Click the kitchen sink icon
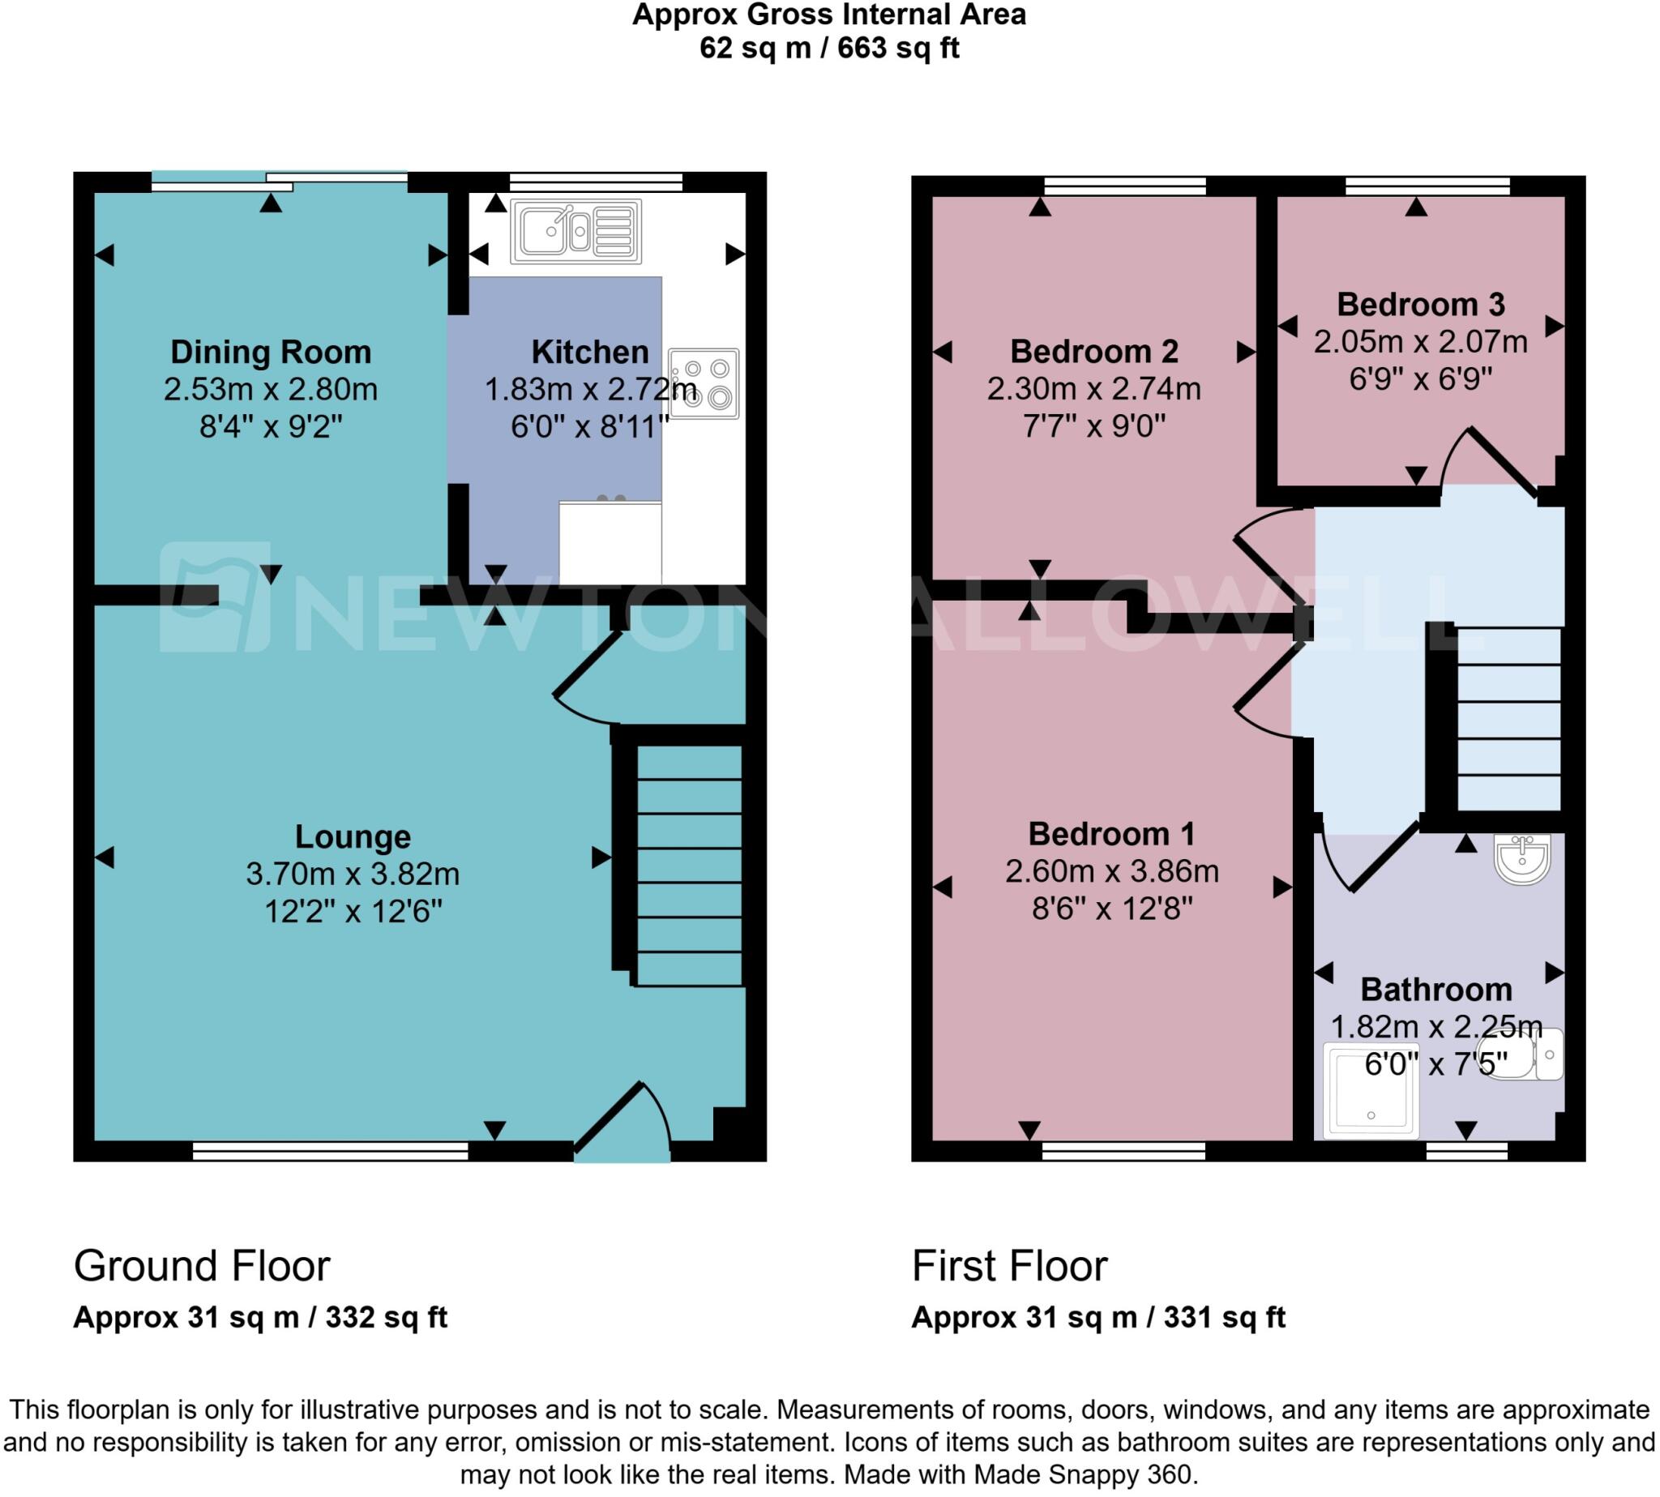coord(575,231)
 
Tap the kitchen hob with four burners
coord(704,384)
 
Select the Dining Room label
coord(271,352)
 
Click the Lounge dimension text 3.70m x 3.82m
coord(353,874)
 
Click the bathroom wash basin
coord(1524,861)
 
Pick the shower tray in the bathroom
coord(1371,1091)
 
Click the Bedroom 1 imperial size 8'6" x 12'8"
coord(1112,908)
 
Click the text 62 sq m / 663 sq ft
coord(829,49)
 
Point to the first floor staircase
coord(1508,720)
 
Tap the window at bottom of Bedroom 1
coord(1123,1151)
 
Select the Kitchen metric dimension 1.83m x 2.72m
coord(590,389)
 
